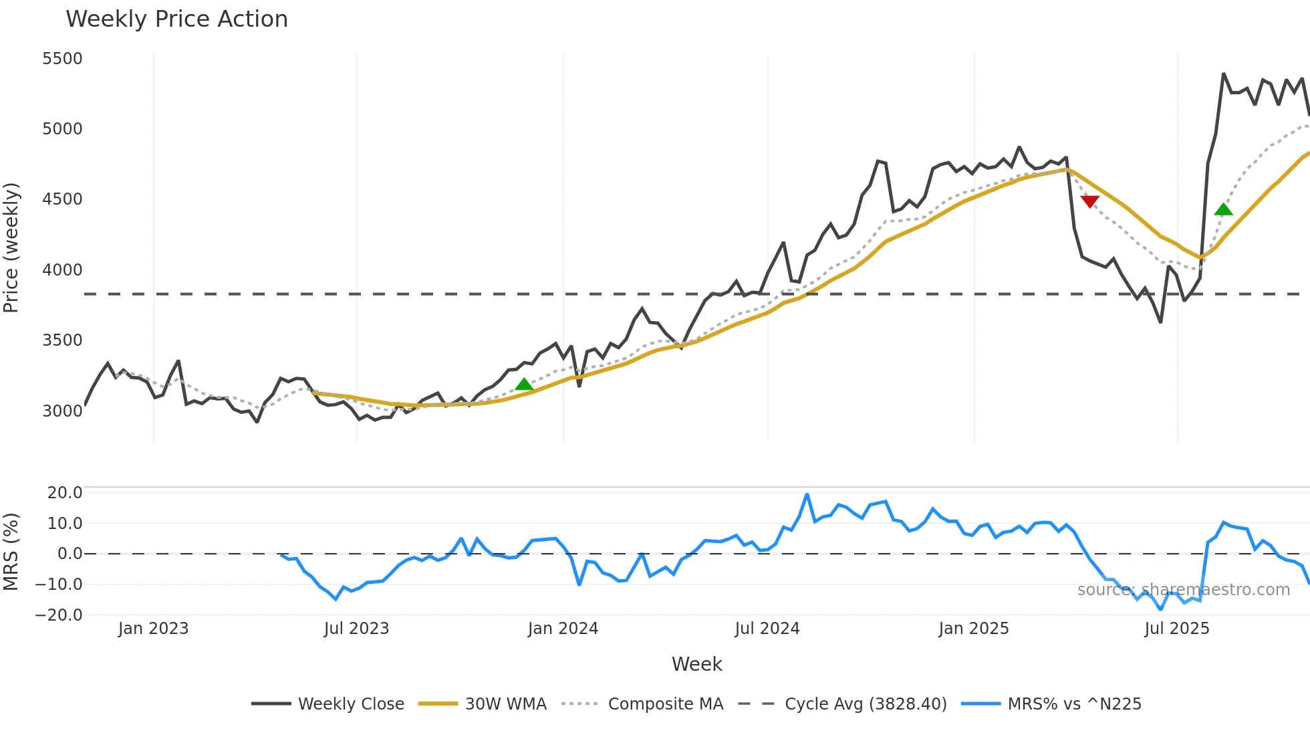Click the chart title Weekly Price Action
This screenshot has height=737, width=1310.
176,19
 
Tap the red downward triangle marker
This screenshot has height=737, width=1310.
1089,201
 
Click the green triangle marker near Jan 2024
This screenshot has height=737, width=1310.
524,385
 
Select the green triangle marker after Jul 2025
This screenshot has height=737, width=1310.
1223,210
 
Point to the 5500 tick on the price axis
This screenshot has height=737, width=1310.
62,59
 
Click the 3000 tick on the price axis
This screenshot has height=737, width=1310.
62,411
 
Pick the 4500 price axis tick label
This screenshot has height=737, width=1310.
62,199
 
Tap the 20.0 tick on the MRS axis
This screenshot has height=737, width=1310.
64,493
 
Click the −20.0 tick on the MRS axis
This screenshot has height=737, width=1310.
59,615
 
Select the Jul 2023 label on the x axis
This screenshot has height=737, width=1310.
356,629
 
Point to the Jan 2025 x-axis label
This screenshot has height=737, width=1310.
973,629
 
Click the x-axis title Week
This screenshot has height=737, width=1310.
696,664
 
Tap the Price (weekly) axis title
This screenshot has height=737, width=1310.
11,247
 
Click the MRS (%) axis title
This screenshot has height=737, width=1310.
11,552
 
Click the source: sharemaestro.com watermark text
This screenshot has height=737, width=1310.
1183,590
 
